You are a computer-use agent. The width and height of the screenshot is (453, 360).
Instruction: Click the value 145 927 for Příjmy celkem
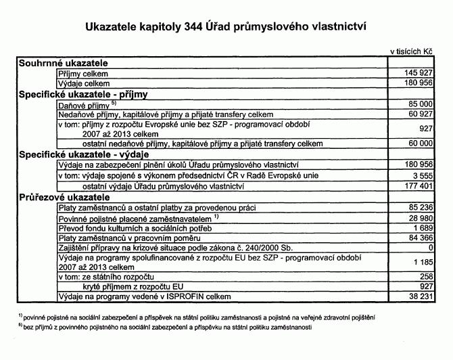click(418, 72)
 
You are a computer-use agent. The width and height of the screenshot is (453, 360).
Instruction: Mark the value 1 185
click(423, 263)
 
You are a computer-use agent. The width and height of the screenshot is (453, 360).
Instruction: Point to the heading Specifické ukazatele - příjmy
click(84, 94)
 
